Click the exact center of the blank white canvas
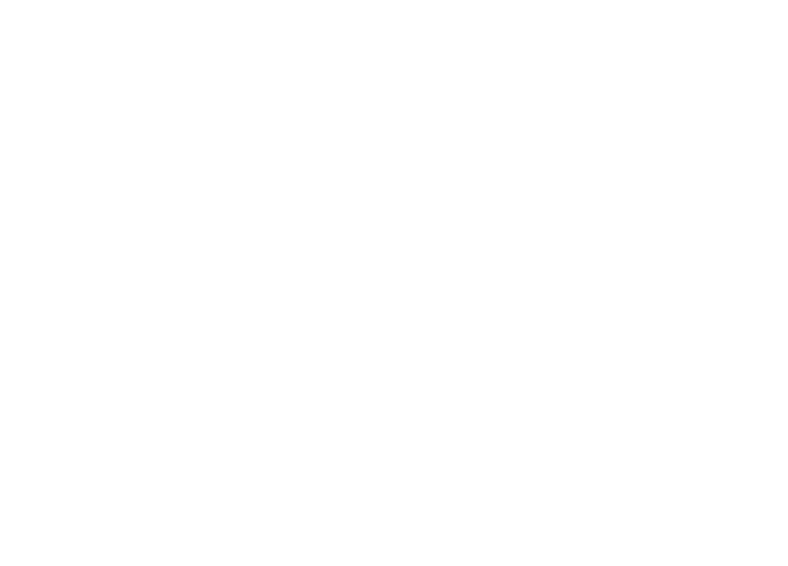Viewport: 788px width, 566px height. pos(394,283)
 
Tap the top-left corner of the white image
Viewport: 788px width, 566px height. pos(0,0)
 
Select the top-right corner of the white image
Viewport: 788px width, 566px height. pos(788,0)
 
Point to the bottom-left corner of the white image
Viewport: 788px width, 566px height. pos(0,566)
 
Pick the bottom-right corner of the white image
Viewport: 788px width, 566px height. pos(788,566)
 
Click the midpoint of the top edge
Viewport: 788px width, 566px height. pos(394,0)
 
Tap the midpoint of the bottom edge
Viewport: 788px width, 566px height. pos(394,566)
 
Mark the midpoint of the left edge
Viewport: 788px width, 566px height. pos(0,283)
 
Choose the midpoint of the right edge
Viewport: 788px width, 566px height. pos(788,283)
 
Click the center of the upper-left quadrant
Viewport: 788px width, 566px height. pos(197,141)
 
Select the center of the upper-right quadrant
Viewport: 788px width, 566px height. pos(591,141)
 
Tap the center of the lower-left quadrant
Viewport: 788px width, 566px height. pos(197,424)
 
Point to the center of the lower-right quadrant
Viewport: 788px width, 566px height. pos(591,424)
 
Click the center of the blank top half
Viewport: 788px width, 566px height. pos(394,141)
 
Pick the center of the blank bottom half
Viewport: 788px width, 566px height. pos(394,424)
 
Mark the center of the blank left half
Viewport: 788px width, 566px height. pos(197,283)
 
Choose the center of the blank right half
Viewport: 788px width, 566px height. pos(591,283)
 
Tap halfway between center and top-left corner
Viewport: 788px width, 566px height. pos(197,141)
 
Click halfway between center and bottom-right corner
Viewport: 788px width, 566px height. pos(591,424)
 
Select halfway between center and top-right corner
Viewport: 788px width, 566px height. pos(591,141)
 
